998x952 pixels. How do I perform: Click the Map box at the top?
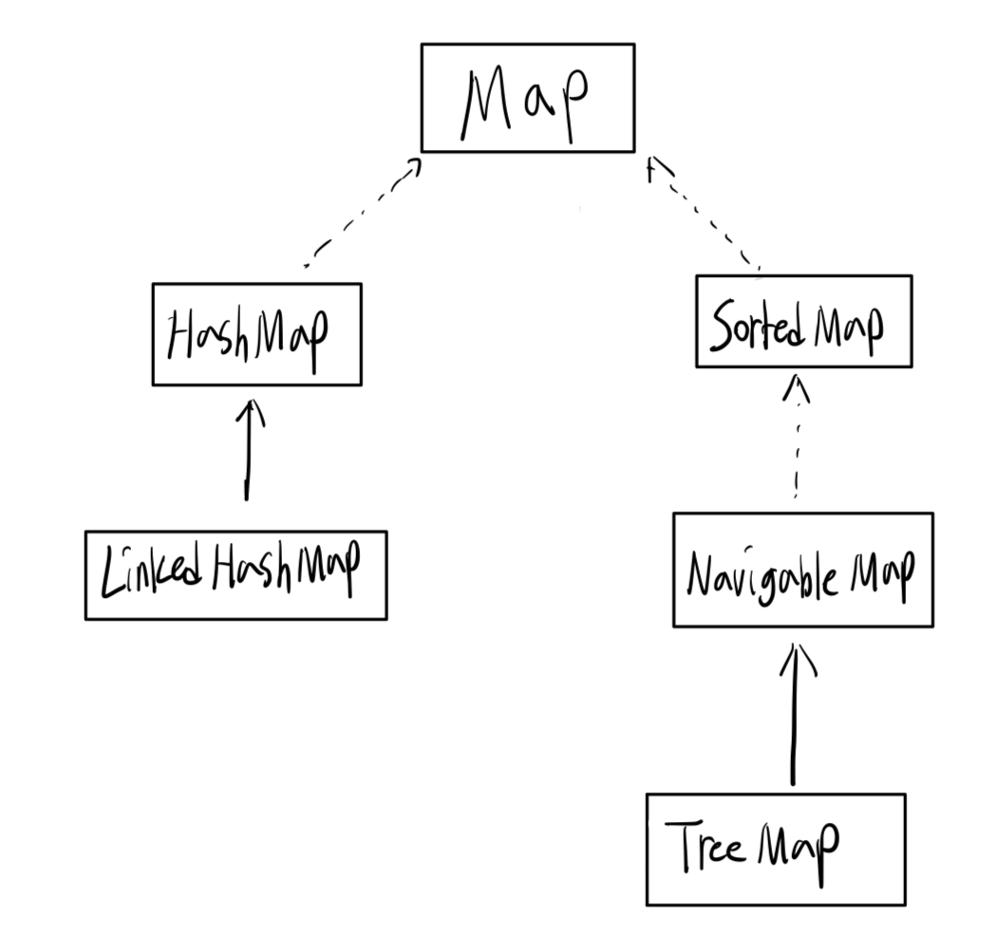pos(527,97)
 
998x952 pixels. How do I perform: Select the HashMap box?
pos(256,334)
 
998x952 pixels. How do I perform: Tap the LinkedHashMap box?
pos(235,575)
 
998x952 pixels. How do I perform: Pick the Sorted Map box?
pos(803,322)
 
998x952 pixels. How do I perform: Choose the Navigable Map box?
pos(802,569)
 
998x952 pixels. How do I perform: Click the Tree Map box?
pos(776,849)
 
